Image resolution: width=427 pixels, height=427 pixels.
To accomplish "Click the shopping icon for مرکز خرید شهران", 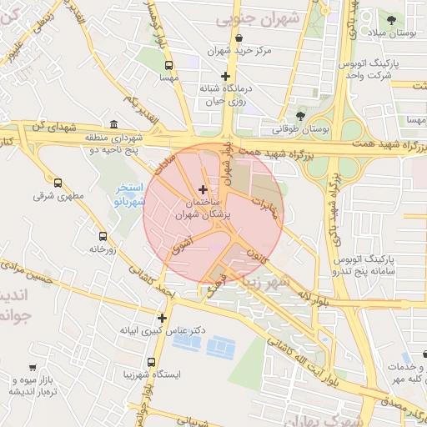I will (x=239, y=38).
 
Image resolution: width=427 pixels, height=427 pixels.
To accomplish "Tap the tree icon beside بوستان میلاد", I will (x=391, y=18).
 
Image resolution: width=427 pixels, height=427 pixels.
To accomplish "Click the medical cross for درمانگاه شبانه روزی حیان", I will (x=225, y=76).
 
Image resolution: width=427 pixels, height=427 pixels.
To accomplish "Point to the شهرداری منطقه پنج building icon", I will (x=114, y=123).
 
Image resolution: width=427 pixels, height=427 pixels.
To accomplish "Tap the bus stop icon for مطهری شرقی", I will (x=58, y=183).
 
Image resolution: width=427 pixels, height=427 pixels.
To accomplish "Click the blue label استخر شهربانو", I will (x=129, y=195).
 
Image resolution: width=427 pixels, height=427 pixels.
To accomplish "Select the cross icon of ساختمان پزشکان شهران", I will (x=203, y=190).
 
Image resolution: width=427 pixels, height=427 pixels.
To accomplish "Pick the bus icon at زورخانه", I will (x=103, y=236).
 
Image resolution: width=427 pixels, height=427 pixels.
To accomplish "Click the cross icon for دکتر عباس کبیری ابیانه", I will (x=162, y=317).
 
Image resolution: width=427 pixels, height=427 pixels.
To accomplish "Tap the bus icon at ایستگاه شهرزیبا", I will (x=151, y=362).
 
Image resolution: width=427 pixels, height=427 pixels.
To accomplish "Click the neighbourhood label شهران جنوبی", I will (x=248, y=18).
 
